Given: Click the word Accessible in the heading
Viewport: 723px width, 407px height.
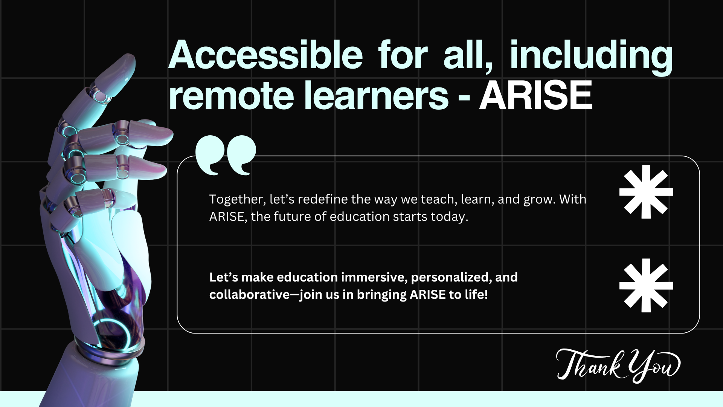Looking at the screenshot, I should [x=265, y=56].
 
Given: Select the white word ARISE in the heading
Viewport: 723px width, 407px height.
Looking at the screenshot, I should [x=535, y=96].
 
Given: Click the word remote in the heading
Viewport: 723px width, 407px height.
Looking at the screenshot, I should [x=231, y=96].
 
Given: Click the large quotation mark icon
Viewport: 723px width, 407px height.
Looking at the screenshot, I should [x=226, y=155].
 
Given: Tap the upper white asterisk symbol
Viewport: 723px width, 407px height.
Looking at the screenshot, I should [x=646, y=192].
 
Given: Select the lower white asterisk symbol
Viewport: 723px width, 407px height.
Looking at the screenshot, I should [x=646, y=285].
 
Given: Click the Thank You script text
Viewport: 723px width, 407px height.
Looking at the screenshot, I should [x=618, y=365].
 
